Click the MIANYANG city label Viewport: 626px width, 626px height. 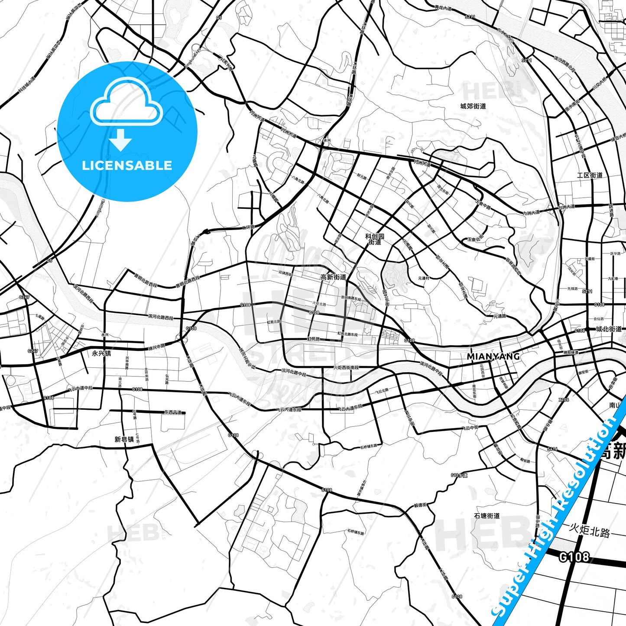tap(493, 357)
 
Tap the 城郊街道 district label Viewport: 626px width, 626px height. tap(473, 106)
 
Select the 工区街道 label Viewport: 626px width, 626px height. tap(590, 175)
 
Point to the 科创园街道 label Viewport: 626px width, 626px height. tap(375, 239)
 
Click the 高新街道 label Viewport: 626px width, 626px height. tap(333, 277)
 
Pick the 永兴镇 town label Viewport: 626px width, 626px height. tap(101, 353)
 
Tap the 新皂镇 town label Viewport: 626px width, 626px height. tap(124, 439)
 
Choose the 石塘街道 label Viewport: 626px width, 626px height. tap(487, 516)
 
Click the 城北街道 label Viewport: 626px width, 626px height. tap(609, 329)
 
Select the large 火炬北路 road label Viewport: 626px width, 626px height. tap(589, 530)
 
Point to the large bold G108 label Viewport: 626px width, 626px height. tap(574, 556)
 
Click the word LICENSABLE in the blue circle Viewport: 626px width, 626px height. tap(127, 165)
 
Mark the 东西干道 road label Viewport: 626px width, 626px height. tap(173, 412)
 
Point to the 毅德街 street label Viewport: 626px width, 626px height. tap(420, 505)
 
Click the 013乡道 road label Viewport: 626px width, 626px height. tap(459, 475)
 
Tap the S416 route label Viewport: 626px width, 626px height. tap(552, 449)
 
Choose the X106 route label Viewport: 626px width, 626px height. tap(564, 400)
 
